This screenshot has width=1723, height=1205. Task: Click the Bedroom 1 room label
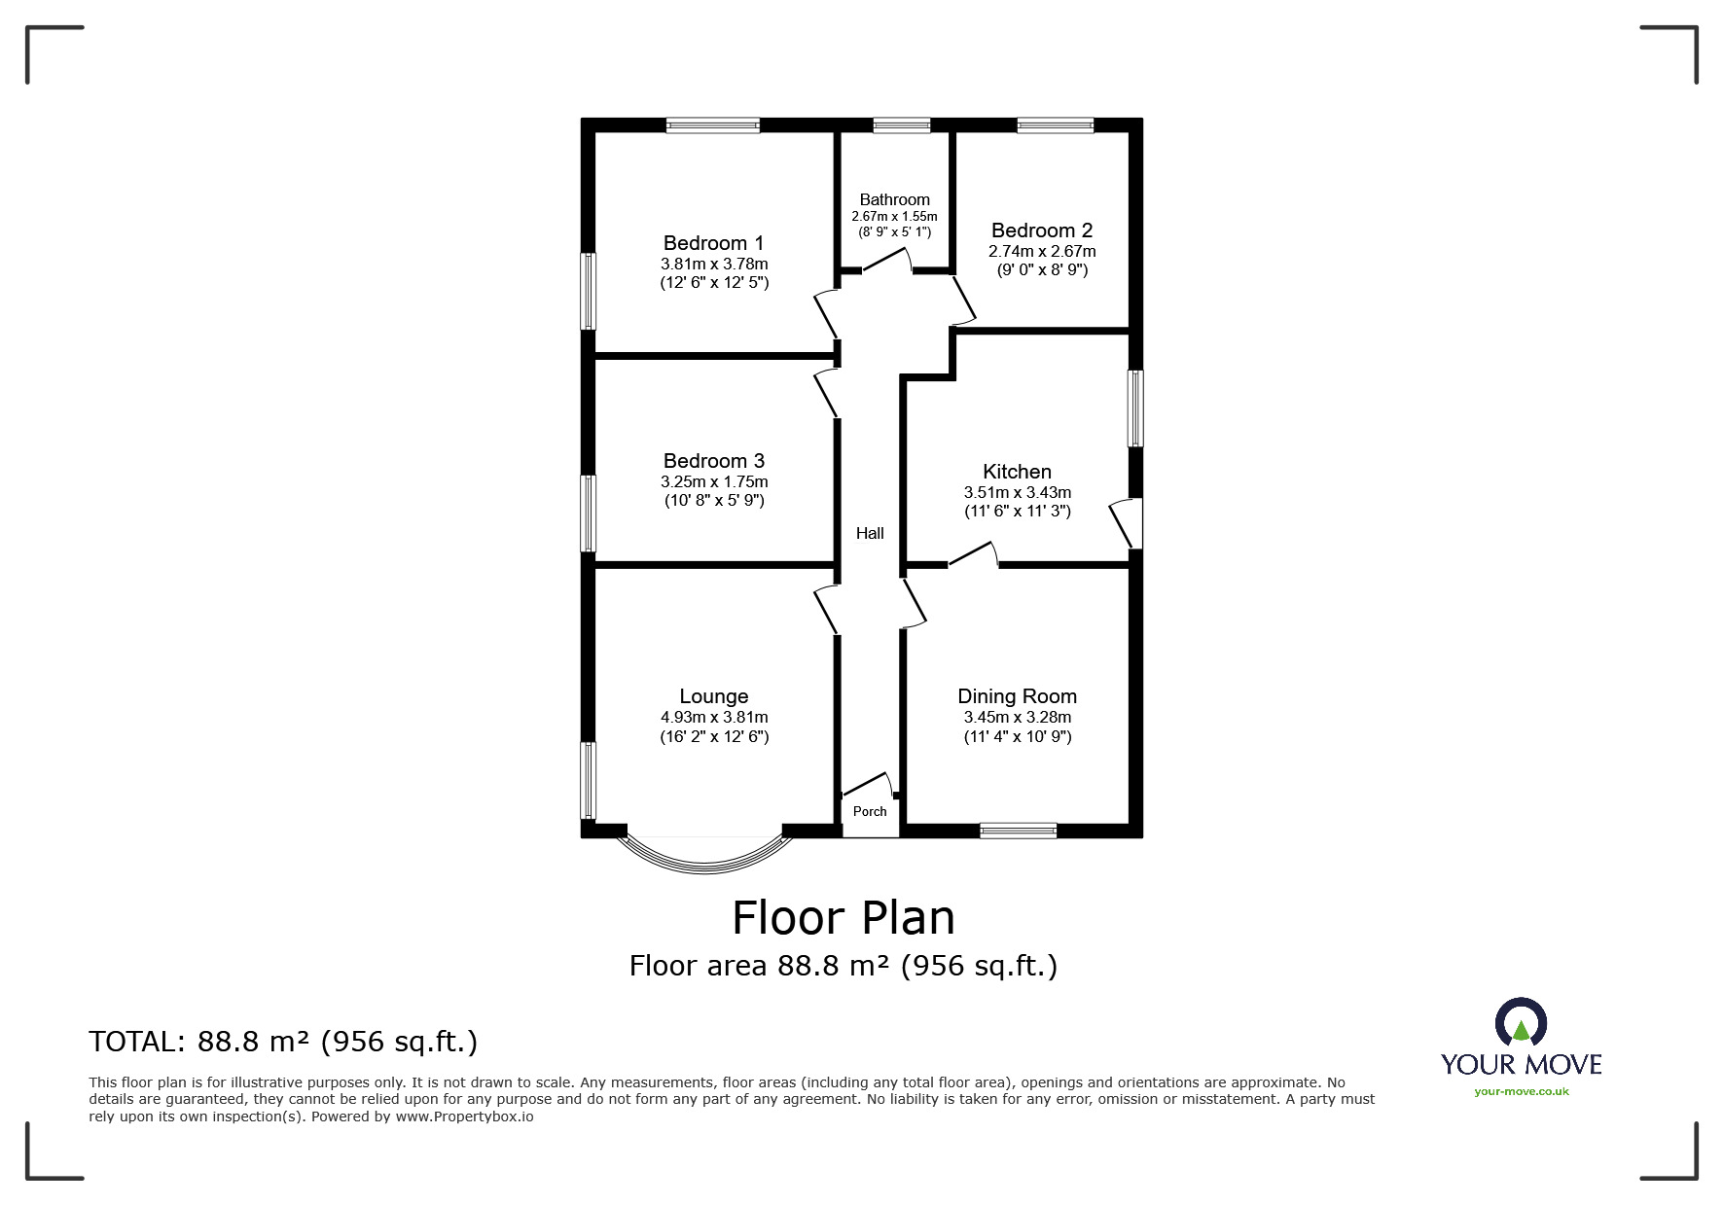tap(713, 243)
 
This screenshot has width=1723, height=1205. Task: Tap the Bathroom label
tap(894, 199)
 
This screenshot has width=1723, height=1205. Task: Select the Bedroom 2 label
tap(1042, 230)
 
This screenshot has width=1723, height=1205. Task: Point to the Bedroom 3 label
tap(713, 461)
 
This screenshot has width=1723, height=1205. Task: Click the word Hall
tap(870, 533)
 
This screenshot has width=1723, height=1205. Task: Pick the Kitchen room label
tap(1017, 472)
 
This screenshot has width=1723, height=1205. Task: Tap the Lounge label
tap(713, 696)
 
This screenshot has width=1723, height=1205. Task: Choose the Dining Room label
tap(1017, 696)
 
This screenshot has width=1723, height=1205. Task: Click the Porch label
tap(870, 811)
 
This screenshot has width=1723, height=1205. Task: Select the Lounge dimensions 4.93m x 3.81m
tap(714, 718)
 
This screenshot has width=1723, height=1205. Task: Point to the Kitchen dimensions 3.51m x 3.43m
tap(1018, 493)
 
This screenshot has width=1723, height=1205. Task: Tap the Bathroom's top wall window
tap(902, 124)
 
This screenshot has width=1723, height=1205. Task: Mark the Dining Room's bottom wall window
tap(1018, 831)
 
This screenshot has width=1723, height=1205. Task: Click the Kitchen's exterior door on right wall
tap(1129, 523)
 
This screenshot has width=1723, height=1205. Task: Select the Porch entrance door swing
tap(867, 784)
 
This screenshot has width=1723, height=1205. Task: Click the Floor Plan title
tap(843, 917)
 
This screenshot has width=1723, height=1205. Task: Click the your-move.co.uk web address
tap(1522, 1091)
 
